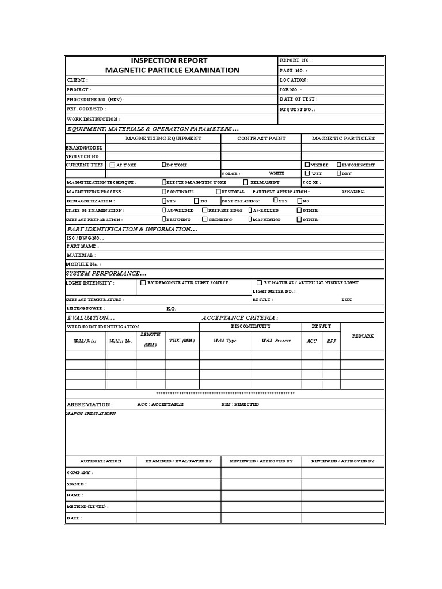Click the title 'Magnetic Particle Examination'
point(172,70)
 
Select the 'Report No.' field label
point(296,60)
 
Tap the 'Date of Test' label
point(298,99)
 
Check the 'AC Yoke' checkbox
point(112,165)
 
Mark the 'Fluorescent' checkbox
point(339,165)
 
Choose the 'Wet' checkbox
point(307,173)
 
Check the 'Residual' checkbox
point(218,192)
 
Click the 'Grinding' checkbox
point(205,219)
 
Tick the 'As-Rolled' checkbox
point(250,210)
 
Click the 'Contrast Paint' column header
point(261,139)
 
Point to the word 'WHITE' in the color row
point(276,173)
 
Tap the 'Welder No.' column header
point(121,341)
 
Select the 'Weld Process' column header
point(276,341)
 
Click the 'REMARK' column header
point(363,336)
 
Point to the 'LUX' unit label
point(346,300)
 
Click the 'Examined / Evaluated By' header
point(178,461)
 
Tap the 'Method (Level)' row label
point(87,506)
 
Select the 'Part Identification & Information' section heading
point(132,229)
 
